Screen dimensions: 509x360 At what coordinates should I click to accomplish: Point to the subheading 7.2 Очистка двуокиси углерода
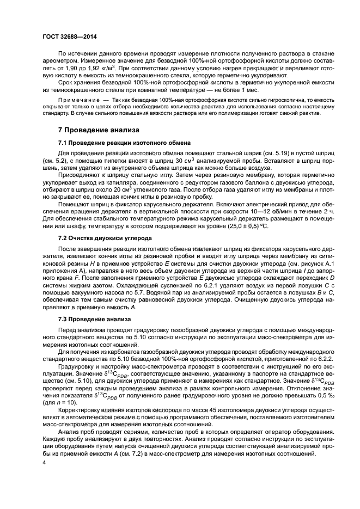[108, 239]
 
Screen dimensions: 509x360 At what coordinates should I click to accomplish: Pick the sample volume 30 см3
[178, 162]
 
